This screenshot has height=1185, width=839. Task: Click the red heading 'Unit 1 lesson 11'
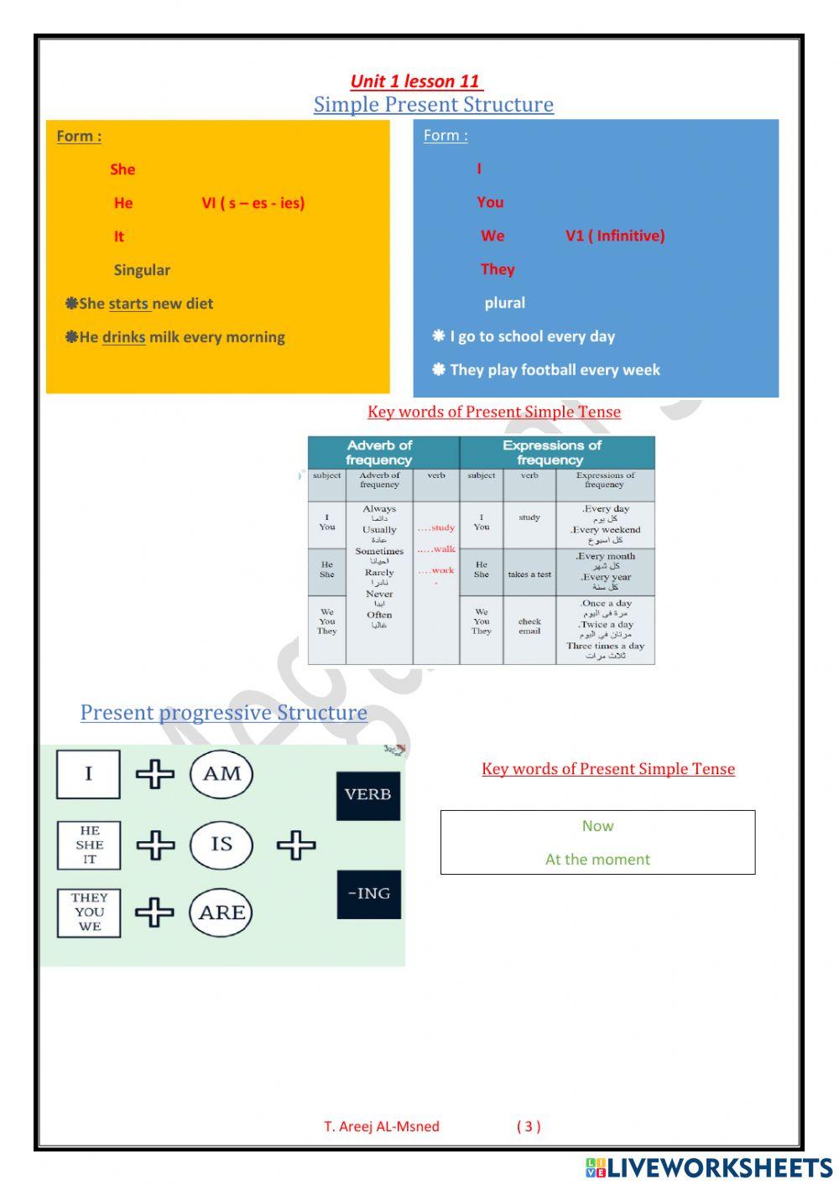point(415,81)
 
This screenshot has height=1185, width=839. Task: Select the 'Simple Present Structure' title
point(433,105)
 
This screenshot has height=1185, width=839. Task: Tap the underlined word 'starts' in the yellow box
point(128,304)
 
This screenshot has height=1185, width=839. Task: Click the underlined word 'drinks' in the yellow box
point(123,337)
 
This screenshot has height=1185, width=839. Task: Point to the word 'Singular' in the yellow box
point(142,270)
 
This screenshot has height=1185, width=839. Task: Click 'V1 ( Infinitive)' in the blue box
point(614,236)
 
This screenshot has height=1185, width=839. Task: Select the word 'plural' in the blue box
point(504,303)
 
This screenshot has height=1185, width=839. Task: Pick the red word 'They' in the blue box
point(498,269)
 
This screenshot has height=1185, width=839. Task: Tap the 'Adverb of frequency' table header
point(379,452)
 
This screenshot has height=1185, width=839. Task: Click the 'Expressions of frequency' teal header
point(551,452)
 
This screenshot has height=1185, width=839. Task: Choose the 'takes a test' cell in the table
point(529,574)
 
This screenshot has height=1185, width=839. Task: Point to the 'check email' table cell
point(529,626)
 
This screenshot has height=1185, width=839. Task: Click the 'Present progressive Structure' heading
point(223,713)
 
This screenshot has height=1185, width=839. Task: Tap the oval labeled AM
point(221,774)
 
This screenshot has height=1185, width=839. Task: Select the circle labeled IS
point(221,844)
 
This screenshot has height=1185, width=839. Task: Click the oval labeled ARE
point(221,912)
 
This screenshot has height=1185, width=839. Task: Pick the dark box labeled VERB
point(368,795)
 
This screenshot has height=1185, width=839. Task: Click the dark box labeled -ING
point(368,894)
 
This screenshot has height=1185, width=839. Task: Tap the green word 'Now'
point(597,826)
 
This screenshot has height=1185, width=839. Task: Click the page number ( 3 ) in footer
point(529,1126)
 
